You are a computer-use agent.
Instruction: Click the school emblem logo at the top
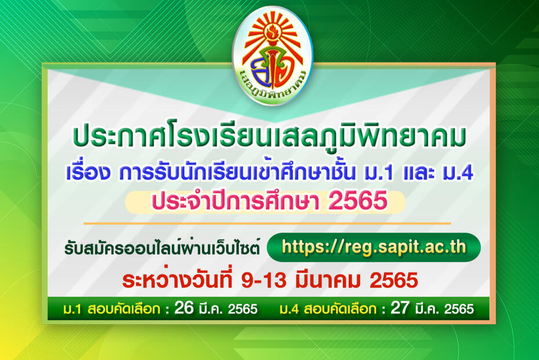273,55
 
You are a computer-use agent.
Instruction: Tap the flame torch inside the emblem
272,38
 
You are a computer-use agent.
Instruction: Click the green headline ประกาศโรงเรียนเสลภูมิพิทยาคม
269,137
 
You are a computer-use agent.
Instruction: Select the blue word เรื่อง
88,171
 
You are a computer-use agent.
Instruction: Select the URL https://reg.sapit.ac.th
374,247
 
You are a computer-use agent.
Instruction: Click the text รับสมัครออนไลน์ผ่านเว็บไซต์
162,248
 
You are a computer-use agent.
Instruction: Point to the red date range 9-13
263,280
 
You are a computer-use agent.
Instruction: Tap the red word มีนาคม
328,280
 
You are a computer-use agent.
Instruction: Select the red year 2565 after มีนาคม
393,280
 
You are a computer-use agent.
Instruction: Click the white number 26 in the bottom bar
184,308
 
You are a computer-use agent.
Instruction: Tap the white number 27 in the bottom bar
400,308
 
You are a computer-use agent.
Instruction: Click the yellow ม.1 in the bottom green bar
72,309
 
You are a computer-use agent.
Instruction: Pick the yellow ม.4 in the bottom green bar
289,309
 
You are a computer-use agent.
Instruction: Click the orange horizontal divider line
267,224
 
